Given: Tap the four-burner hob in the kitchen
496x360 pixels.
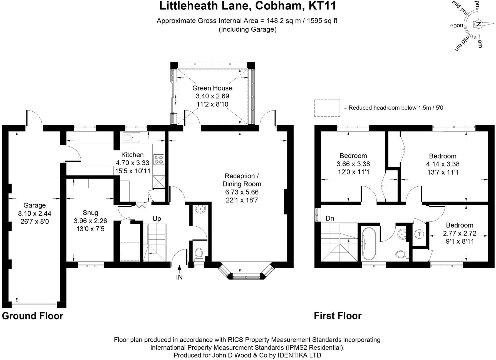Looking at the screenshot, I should (159, 160).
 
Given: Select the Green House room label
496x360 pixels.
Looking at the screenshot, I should (212, 88).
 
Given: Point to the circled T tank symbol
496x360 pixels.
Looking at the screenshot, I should (420, 234).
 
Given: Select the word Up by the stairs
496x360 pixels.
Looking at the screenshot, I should (157, 219).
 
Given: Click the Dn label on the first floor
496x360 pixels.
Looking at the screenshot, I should (330, 218).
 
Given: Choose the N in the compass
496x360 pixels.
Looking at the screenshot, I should (478, 24).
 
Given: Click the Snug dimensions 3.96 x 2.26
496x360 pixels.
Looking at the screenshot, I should (90, 221).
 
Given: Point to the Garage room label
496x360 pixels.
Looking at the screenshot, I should (34, 206).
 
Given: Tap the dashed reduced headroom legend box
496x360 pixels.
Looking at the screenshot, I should (327, 108).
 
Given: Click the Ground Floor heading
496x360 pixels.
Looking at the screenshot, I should (33, 316).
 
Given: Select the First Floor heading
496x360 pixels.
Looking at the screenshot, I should (338, 316).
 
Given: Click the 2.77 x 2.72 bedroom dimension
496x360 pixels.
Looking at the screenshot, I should (460, 233).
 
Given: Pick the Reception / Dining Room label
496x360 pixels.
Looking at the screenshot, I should (242, 180).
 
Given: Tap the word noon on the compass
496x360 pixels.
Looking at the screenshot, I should (457, 26).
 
